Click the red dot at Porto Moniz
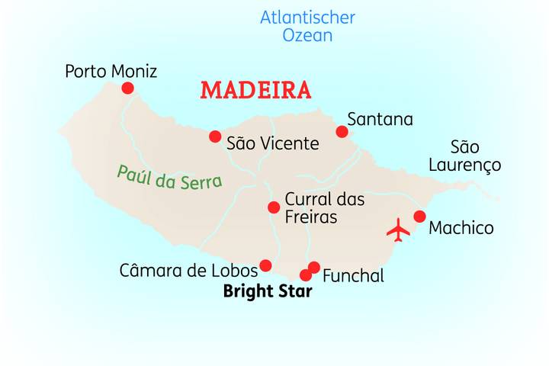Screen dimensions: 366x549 (x=127, y=88)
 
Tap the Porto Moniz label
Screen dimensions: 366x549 (x=111, y=72)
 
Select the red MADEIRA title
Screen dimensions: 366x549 (x=255, y=90)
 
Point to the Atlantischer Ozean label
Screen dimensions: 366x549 (x=307, y=26)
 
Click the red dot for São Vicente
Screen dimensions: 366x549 (x=215, y=136)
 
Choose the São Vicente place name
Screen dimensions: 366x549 (x=272, y=143)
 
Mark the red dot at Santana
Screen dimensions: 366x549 (x=342, y=132)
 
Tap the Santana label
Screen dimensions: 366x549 (x=380, y=120)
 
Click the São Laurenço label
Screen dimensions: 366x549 (x=464, y=156)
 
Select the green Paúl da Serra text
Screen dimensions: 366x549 (x=169, y=177)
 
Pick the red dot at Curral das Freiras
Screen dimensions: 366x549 (x=274, y=207)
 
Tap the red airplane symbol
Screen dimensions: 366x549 (x=398, y=230)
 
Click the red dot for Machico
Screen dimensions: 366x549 (x=419, y=217)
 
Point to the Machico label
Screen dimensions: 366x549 (x=461, y=228)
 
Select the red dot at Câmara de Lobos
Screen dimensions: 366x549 (x=265, y=265)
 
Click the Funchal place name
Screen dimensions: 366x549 (x=353, y=276)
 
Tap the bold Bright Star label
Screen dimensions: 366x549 (x=267, y=291)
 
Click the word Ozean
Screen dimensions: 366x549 (x=307, y=35)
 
